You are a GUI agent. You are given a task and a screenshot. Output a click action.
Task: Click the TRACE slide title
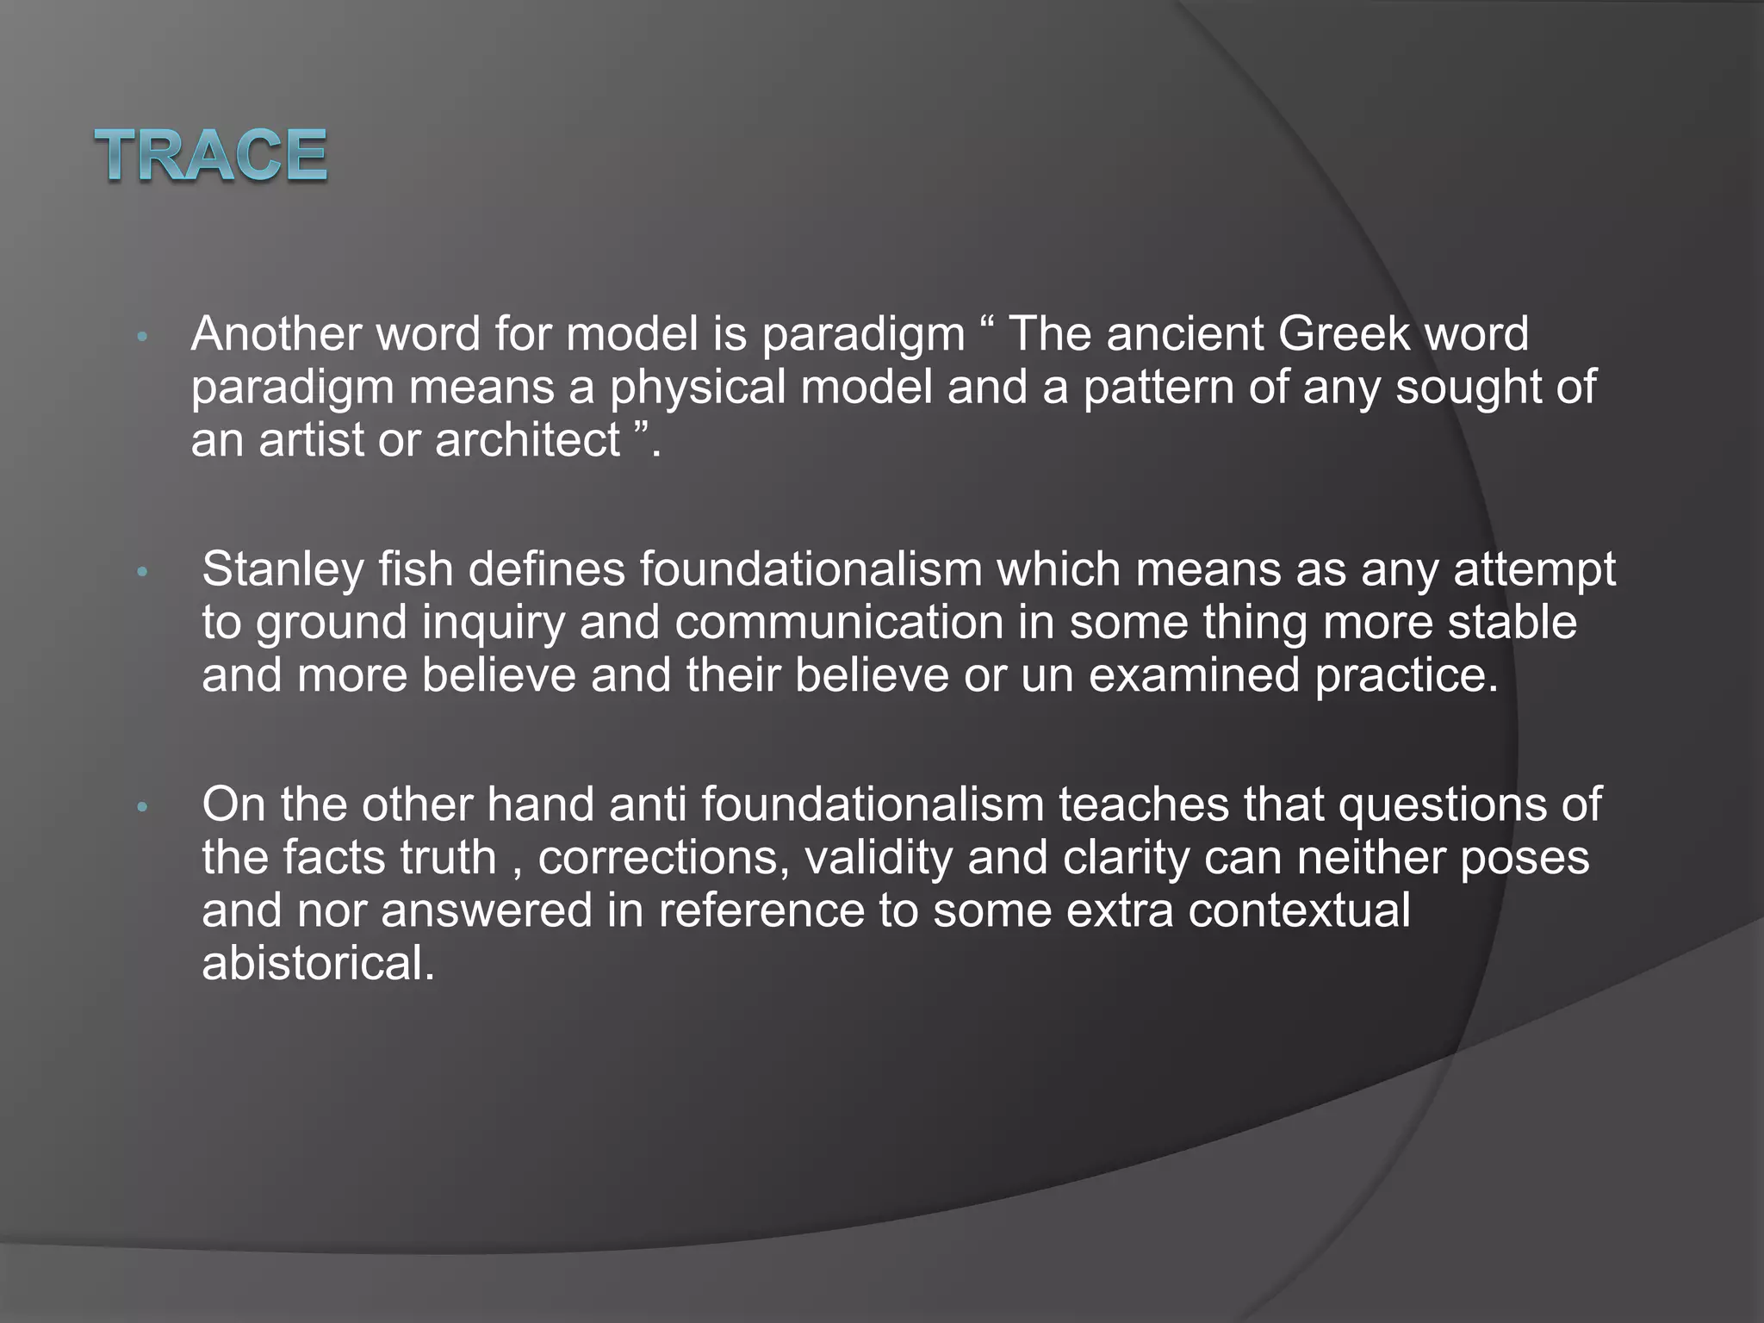211,155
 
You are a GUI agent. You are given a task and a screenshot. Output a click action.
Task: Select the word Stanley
283,570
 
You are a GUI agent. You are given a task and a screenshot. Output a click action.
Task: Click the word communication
839,623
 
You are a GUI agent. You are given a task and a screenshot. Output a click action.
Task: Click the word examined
1194,675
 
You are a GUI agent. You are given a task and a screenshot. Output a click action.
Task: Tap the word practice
1407,675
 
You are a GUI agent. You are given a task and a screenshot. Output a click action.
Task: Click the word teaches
1143,805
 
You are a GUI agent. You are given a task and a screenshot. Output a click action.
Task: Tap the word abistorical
318,964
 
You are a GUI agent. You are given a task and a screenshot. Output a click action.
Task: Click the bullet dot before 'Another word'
143,337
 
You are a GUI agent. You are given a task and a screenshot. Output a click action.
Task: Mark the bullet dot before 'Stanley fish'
143,573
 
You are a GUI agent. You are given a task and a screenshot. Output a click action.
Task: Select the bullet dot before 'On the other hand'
143,808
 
